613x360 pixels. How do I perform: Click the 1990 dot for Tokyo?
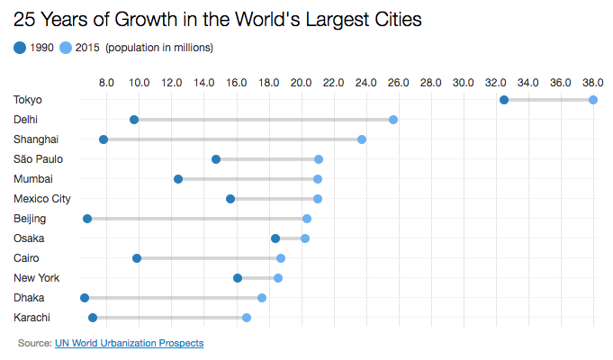(503, 100)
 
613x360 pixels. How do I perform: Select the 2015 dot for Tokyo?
(593, 100)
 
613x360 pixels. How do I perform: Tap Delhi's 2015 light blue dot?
(393, 120)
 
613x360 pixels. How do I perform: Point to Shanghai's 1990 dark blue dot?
(104, 139)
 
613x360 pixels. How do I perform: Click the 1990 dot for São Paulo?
(216, 159)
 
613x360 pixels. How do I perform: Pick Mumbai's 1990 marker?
(178, 179)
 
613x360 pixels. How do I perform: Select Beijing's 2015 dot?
(307, 219)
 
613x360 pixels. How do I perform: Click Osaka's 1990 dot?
(275, 238)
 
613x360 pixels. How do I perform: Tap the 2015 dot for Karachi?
(247, 318)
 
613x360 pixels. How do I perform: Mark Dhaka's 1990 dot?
(85, 298)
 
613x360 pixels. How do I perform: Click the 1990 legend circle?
(20, 48)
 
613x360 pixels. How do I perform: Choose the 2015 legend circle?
(65, 48)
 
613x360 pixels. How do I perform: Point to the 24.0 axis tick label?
(366, 83)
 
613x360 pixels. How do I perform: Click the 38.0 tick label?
(593, 83)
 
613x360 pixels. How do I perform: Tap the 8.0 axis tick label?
(106, 83)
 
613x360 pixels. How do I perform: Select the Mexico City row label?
(42, 199)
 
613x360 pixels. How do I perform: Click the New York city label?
(36, 278)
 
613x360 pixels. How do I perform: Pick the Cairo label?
(27, 258)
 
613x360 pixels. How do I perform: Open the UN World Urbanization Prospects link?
(129, 343)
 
